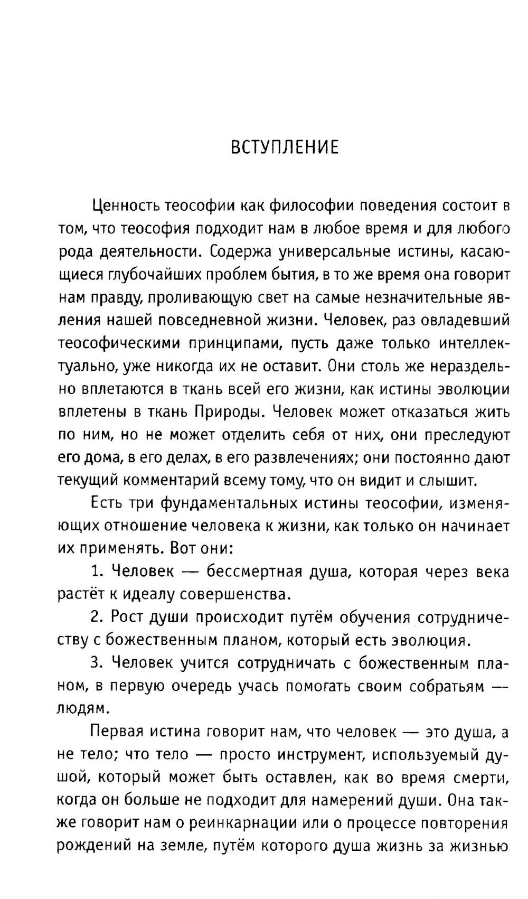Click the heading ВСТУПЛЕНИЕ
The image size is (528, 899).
point(285,147)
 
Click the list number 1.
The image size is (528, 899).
point(96,572)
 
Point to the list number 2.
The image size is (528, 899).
point(96,618)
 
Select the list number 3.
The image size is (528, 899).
point(96,663)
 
